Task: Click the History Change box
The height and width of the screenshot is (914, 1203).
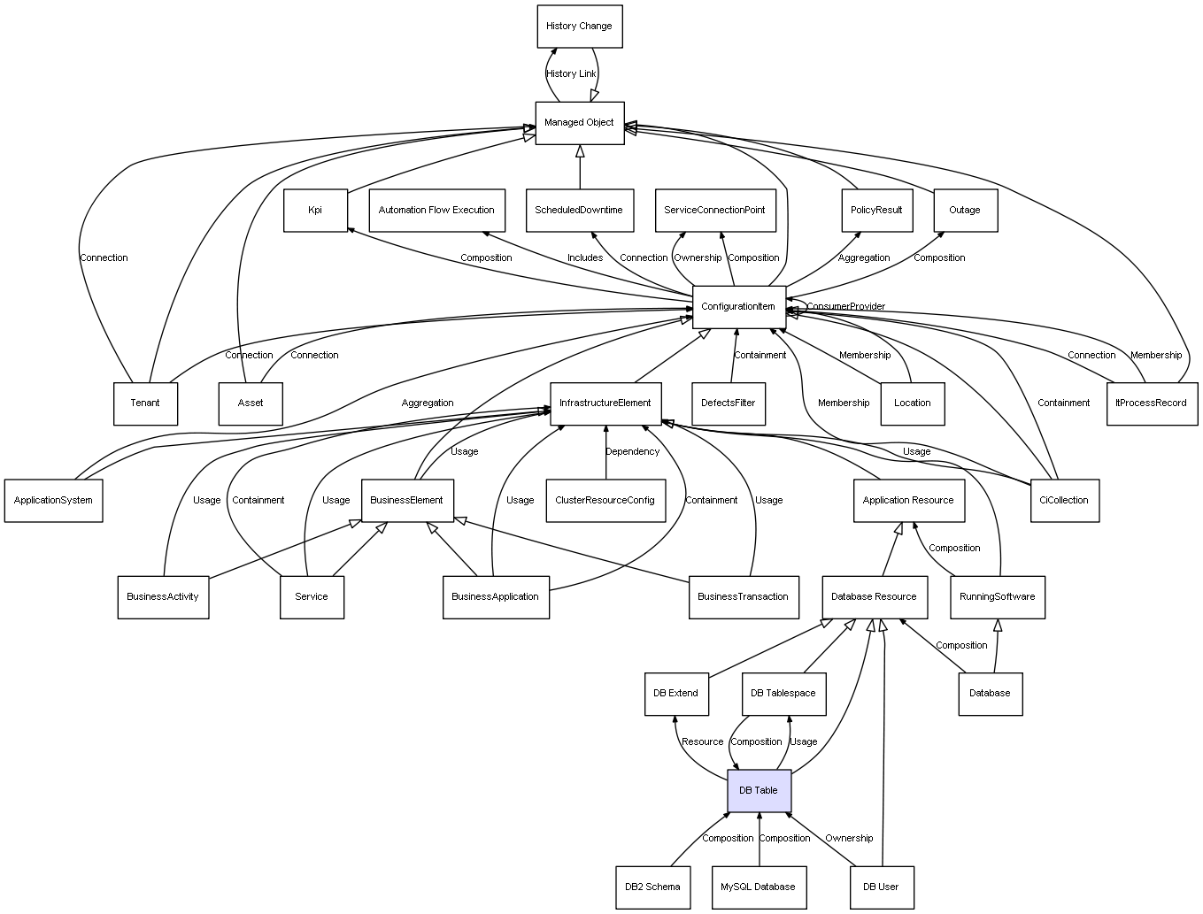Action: (x=579, y=27)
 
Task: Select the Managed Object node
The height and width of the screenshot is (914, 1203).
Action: (x=579, y=123)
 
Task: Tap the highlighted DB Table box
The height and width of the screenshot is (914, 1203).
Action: (x=759, y=790)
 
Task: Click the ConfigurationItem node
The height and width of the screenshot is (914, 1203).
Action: (x=738, y=306)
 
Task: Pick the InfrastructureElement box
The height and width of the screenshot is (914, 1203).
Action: (x=605, y=403)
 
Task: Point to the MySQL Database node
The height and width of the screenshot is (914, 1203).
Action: (x=758, y=887)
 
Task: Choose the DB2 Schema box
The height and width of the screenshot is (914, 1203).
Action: (x=652, y=887)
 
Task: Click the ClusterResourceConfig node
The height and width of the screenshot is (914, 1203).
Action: (x=605, y=500)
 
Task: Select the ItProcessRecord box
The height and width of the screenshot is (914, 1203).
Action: (x=1151, y=403)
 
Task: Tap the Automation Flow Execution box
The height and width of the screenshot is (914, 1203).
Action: (x=436, y=210)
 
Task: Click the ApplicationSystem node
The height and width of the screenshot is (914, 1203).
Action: (x=53, y=500)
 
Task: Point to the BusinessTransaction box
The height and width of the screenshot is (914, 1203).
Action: (x=743, y=596)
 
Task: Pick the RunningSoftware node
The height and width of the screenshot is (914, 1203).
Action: (x=997, y=596)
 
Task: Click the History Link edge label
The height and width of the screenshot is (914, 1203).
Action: (x=571, y=74)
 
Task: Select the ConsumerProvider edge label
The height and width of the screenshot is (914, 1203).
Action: (x=845, y=307)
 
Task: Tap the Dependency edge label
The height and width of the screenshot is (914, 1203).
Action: (x=632, y=452)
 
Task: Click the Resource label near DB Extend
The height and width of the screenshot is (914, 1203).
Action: (x=703, y=742)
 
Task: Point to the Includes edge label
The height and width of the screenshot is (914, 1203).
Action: (x=585, y=258)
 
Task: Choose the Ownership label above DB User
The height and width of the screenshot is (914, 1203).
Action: (x=849, y=839)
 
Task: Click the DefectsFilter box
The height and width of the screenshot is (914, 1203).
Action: (x=729, y=403)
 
